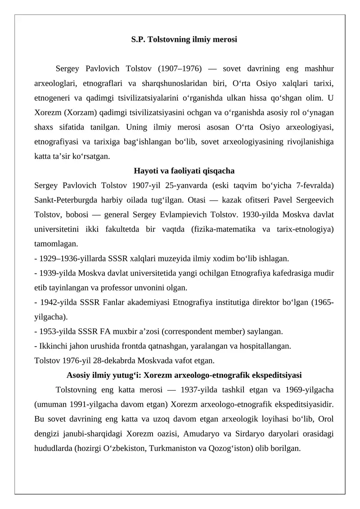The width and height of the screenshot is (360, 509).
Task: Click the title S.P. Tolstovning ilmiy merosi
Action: coord(184,40)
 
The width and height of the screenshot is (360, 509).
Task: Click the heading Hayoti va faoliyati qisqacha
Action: coord(184,171)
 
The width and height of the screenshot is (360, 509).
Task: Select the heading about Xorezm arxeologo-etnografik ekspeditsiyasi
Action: coord(184,375)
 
